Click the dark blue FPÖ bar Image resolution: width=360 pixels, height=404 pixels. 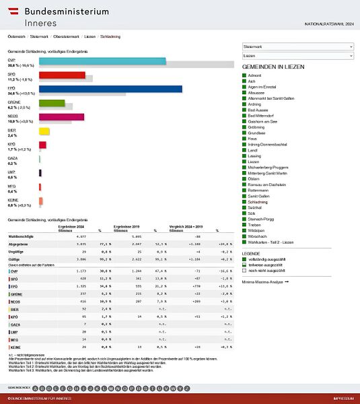pos(110,89)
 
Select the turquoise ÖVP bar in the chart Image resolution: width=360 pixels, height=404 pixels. pos(102,61)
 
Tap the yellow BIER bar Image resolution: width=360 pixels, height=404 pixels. pos(44,131)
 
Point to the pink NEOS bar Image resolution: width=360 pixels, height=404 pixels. pos(61,117)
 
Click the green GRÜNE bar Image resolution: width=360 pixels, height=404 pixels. pos(52,103)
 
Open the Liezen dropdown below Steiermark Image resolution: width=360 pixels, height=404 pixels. pos(297,56)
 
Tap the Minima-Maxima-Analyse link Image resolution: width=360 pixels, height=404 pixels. pos(265,281)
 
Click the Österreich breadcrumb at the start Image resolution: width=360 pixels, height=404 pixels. pos(17,36)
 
